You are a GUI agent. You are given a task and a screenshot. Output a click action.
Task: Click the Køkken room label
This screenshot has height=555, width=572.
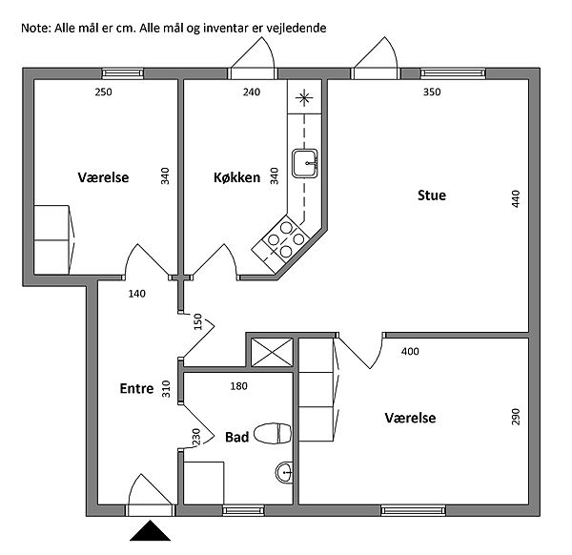click(x=236, y=177)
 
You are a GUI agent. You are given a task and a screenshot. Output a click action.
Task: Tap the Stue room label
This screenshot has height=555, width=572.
click(x=431, y=195)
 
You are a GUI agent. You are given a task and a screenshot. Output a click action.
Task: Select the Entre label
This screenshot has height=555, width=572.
click(x=136, y=388)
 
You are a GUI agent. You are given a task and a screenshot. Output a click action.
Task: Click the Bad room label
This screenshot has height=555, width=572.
click(x=236, y=438)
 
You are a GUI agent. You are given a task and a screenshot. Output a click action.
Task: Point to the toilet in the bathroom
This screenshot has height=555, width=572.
click(x=274, y=434)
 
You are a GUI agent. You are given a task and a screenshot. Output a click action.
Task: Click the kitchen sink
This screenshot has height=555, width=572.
click(x=305, y=162)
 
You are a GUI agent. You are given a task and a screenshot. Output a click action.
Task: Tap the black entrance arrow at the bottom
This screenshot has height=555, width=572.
click(x=150, y=531)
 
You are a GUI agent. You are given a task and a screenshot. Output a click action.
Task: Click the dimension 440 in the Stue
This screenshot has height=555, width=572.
click(x=516, y=198)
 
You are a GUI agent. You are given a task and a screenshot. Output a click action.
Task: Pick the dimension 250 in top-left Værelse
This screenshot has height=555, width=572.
click(x=103, y=92)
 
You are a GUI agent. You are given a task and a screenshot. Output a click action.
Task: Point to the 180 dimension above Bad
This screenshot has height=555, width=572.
click(x=238, y=386)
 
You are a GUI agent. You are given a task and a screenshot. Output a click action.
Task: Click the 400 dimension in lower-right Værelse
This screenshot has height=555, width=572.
click(x=410, y=352)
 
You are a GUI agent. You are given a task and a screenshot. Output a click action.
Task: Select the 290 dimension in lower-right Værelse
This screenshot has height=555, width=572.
click(x=516, y=418)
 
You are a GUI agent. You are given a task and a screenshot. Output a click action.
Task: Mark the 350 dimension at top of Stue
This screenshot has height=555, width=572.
click(x=431, y=92)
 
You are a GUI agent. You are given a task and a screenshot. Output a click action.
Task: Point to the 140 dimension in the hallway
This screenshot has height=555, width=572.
click(x=136, y=294)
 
